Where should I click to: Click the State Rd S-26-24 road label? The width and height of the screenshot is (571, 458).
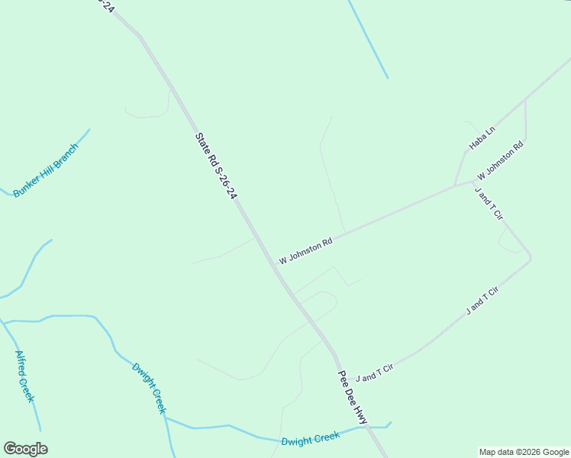216,166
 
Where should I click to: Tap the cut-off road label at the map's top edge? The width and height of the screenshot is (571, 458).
106,6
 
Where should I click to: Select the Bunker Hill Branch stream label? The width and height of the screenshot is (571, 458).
46,170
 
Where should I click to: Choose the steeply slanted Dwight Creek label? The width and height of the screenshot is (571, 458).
149,388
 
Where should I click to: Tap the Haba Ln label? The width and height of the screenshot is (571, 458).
482,137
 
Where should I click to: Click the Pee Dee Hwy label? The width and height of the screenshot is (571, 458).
353,398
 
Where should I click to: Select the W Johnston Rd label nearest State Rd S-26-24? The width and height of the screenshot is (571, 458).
305,250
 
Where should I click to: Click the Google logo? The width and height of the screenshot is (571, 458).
25,449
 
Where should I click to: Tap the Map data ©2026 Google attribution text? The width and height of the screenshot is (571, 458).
524,452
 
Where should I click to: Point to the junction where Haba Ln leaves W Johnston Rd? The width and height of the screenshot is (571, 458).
456,185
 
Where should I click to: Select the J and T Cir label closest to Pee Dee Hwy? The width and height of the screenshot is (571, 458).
374,373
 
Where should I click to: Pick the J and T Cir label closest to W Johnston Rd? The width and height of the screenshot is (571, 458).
489,204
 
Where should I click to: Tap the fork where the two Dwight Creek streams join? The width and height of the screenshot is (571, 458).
166,418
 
